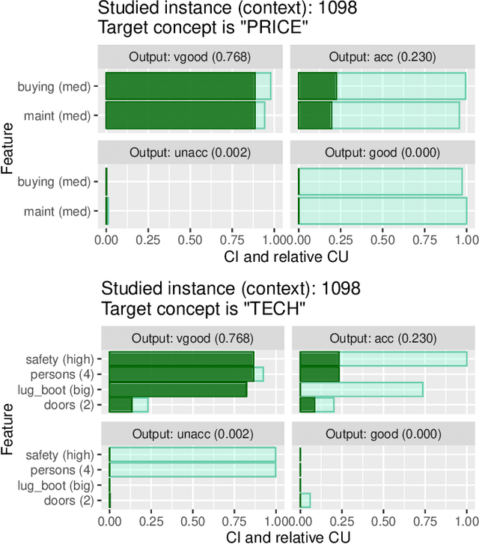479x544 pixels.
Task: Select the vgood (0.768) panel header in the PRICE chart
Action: [x=189, y=57]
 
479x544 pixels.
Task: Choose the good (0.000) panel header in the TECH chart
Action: [x=382, y=434]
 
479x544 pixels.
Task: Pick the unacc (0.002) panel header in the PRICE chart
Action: [x=189, y=153]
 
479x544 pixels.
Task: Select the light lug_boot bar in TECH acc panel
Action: [x=361, y=389]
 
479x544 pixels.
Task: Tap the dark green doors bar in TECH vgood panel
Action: [x=120, y=404]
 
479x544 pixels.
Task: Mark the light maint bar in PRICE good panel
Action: [x=382, y=211]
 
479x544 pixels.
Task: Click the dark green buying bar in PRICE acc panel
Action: [x=317, y=86]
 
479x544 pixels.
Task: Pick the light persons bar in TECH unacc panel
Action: [x=192, y=470]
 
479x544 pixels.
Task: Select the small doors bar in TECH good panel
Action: [x=305, y=500]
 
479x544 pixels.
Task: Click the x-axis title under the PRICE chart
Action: [x=285, y=257]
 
